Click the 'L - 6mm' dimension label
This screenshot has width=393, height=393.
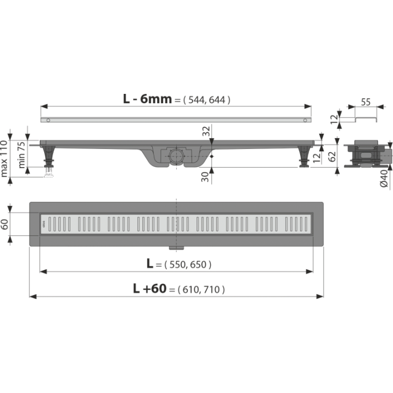pyautogui.click(x=147, y=99)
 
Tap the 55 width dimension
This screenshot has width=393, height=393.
pyautogui.click(x=366, y=102)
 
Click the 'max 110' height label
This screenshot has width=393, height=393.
pyautogui.click(x=4, y=159)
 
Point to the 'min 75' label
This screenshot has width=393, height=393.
pyautogui.click(x=21, y=155)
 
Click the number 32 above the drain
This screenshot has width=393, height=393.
pyautogui.click(x=206, y=131)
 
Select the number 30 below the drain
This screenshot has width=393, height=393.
pyautogui.click(x=205, y=177)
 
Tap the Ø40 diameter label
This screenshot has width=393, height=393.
pyautogui.click(x=384, y=178)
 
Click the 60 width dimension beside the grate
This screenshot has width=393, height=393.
pyautogui.click(x=4, y=224)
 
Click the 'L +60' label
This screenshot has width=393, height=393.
pyautogui.click(x=150, y=289)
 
